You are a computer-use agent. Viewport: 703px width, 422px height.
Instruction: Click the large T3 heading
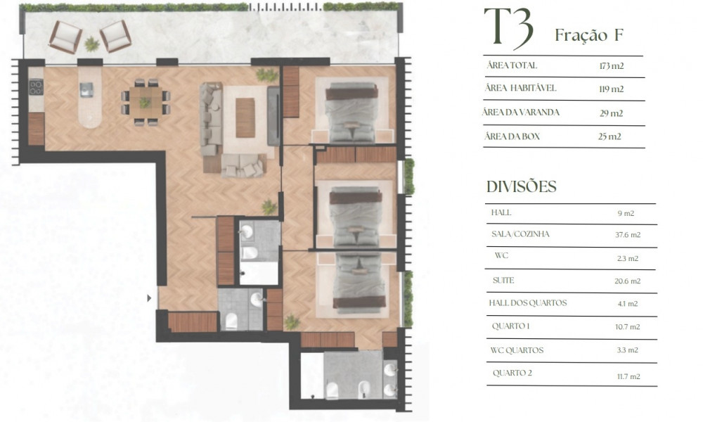click(509, 28)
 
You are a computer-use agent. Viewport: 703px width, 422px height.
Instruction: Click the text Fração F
click(589, 35)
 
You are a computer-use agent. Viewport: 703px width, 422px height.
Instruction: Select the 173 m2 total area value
click(611, 66)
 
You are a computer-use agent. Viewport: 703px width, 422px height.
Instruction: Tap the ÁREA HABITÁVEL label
click(520, 88)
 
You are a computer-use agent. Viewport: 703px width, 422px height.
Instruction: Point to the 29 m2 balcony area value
click(611, 113)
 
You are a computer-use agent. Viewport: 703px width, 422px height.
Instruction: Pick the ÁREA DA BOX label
click(512, 136)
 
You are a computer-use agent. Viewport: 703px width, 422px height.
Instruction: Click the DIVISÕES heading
click(522, 186)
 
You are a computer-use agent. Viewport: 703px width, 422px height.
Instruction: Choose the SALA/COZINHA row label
click(520, 234)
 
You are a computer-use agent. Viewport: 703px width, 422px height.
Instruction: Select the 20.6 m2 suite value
click(627, 281)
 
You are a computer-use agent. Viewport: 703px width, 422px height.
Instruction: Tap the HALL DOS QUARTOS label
click(528, 302)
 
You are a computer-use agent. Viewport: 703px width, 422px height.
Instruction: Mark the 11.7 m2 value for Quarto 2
click(628, 377)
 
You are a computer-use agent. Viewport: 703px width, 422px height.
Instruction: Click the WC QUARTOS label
click(517, 350)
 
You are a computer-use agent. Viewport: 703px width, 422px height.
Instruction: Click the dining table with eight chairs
click(146, 102)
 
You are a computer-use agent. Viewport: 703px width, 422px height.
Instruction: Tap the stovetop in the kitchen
click(36, 87)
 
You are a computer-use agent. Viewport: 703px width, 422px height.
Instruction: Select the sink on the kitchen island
click(86, 90)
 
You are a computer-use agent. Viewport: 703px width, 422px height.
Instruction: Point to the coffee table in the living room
click(245, 117)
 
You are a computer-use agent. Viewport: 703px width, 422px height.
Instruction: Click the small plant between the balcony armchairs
click(92, 44)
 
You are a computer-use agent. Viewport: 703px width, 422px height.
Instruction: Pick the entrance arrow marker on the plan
click(149, 298)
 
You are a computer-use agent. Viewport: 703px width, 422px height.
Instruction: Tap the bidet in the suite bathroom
click(363, 389)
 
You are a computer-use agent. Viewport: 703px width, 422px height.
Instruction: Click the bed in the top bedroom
click(351, 112)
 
